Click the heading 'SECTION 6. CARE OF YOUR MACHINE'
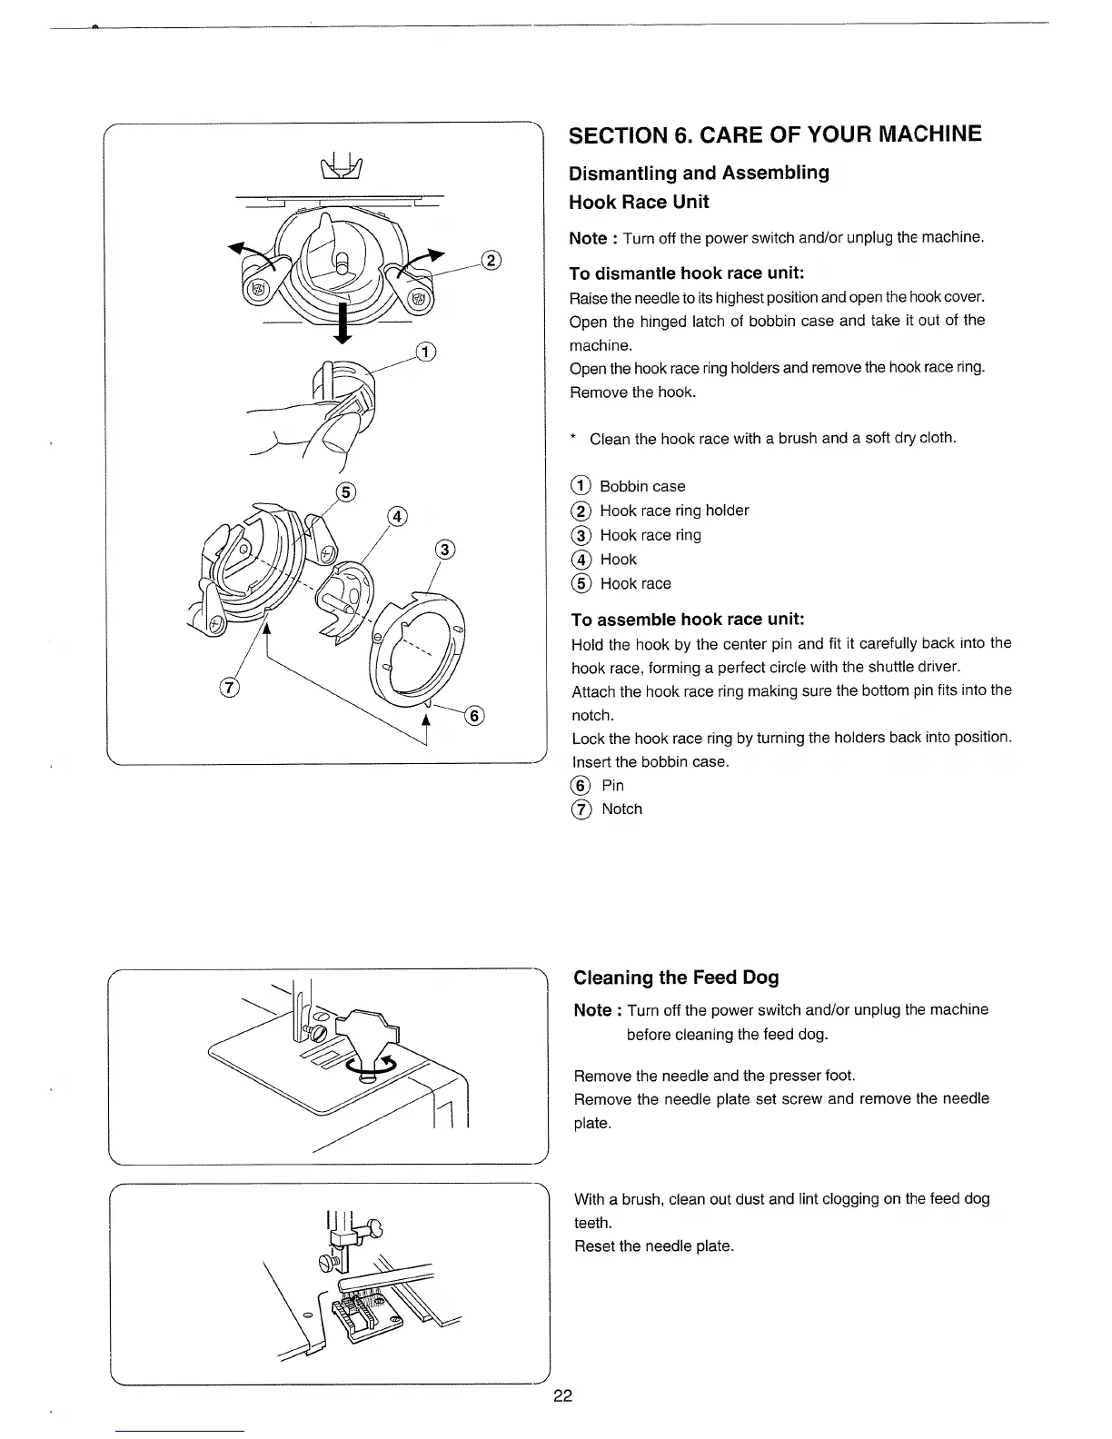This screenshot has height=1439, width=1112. [x=774, y=135]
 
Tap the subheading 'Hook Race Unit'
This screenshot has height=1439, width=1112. [x=638, y=202]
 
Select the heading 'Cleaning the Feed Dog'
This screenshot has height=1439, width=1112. [x=676, y=978]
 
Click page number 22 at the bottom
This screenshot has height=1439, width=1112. [x=562, y=1395]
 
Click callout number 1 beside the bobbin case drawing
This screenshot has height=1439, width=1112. [x=424, y=352]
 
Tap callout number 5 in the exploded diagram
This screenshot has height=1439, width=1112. [x=345, y=493]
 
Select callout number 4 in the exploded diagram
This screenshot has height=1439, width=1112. [x=396, y=517]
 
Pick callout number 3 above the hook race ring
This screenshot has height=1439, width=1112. [x=444, y=550]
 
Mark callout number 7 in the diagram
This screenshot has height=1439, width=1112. [x=229, y=688]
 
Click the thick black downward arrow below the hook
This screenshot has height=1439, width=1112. [x=343, y=323]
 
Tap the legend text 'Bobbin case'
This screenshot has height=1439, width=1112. [x=642, y=486]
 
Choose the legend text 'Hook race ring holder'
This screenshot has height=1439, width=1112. [x=674, y=511]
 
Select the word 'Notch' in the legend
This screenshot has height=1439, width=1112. [x=621, y=809]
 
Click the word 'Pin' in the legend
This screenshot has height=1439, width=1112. [x=612, y=785]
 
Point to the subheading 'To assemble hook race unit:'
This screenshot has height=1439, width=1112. [x=687, y=620]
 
